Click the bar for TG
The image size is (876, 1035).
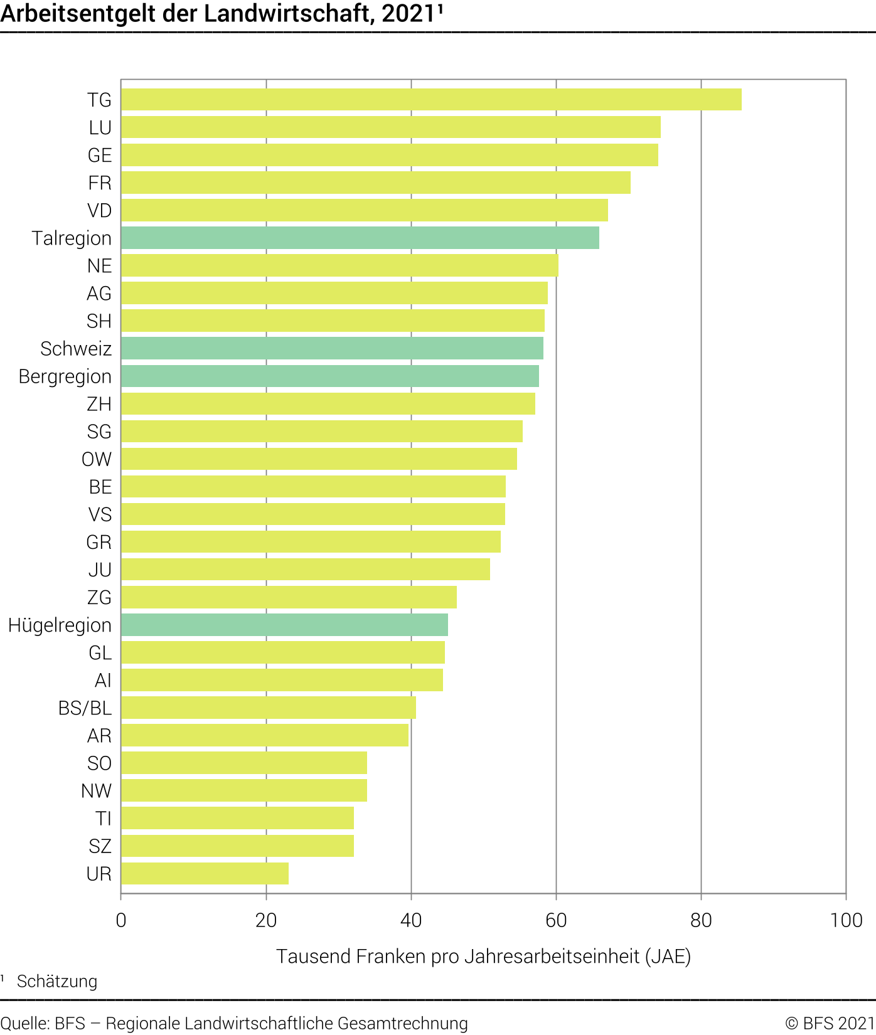coord(431,100)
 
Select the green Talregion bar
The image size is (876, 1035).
coord(360,238)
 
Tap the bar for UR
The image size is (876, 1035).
coord(205,873)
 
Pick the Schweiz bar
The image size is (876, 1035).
coord(332,348)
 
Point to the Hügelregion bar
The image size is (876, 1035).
coord(284,625)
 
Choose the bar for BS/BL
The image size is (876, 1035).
coord(268,708)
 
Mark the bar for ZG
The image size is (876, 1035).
coord(289,597)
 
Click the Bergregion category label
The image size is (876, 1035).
coord(65,376)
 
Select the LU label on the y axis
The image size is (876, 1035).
coord(100,128)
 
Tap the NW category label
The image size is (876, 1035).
coord(96,791)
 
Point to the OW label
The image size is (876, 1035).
coord(97,459)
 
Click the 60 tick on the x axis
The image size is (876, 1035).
coord(556,920)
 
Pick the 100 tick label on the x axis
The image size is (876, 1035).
coord(846,920)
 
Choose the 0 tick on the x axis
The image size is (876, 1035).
coord(121,920)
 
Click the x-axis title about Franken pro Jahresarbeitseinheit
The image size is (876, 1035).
coord(483,957)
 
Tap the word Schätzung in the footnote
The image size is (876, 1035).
coord(57,981)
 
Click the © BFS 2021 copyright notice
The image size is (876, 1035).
coord(830,1023)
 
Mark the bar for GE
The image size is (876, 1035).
coord(389,155)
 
